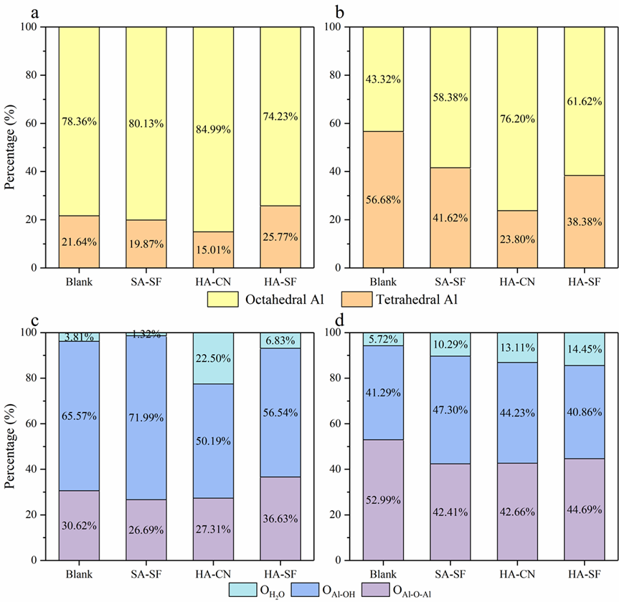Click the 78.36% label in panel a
pos(79,121)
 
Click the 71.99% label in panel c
pos(146,417)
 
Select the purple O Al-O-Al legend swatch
pos(378,589)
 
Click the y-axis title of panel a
pos(10,147)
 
